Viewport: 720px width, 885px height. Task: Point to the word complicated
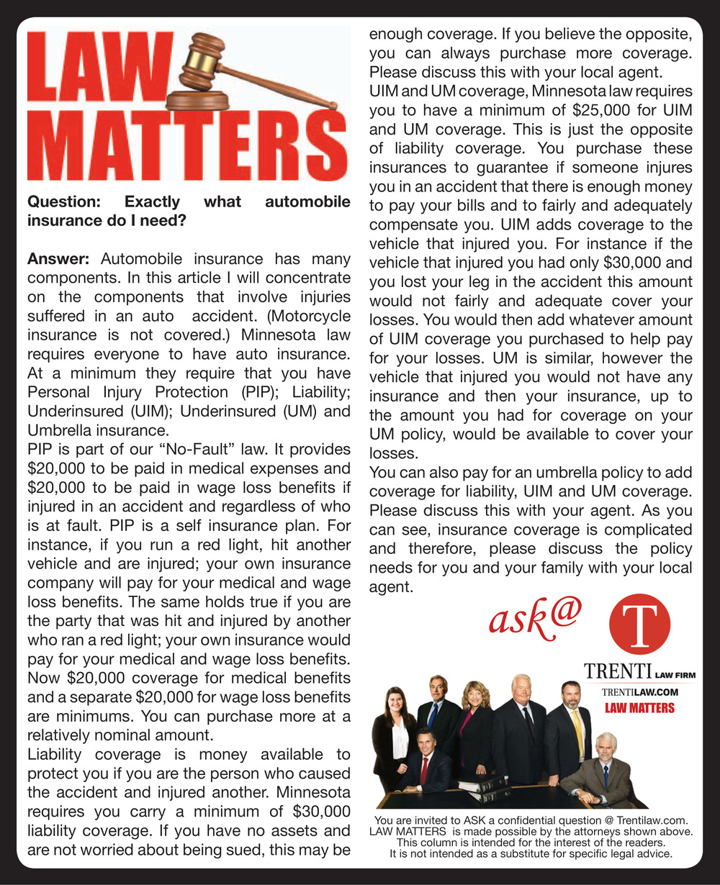click(642, 530)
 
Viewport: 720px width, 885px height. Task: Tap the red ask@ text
click(535, 618)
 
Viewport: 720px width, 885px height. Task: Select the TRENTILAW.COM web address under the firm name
click(640, 692)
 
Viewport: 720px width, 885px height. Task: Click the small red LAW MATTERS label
click(639, 708)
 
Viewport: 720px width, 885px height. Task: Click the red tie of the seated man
click(424, 771)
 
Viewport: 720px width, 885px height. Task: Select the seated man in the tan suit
click(602, 770)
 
